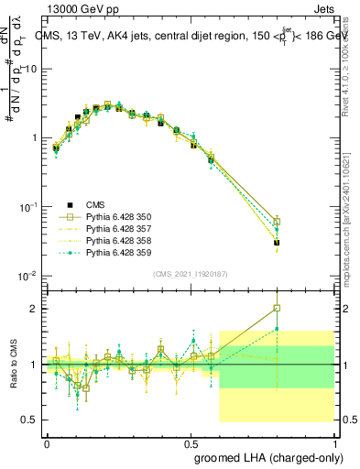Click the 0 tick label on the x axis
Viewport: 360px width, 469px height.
coord(47,442)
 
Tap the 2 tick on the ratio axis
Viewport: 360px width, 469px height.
coord(32,309)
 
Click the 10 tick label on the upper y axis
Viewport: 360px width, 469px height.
coord(29,69)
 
